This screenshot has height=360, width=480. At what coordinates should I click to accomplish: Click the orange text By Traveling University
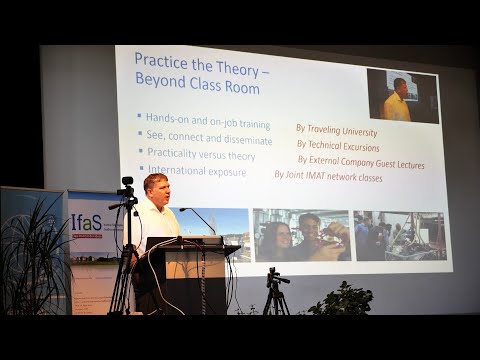click(x=336, y=130)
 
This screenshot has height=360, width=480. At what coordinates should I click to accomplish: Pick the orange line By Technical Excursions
click(x=339, y=146)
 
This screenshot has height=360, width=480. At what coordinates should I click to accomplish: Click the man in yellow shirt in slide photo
click(x=398, y=100)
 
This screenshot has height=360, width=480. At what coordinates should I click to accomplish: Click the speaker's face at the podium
click(x=156, y=187)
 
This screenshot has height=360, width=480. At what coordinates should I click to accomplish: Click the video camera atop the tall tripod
click(x=126, y=189)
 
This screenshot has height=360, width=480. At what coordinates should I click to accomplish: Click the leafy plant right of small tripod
click(x=340, y=299)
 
